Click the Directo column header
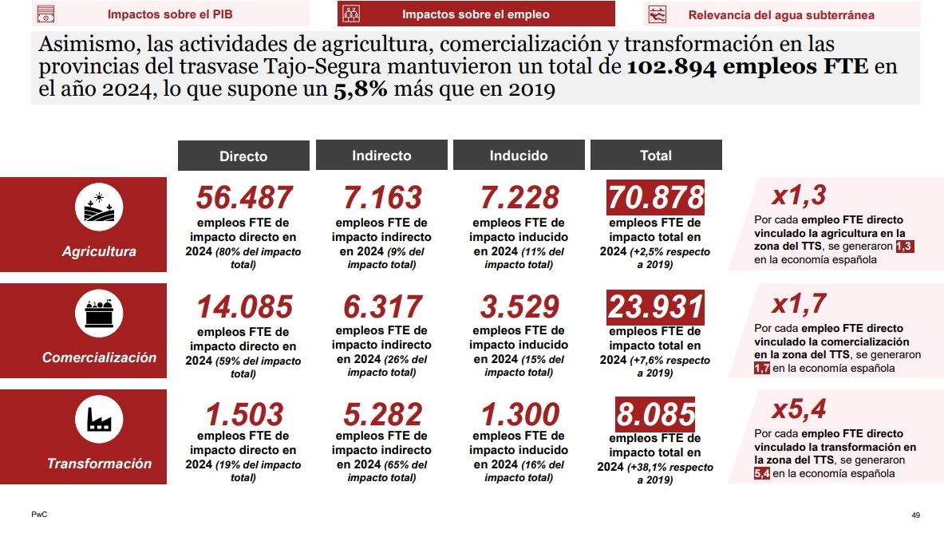(243, 156)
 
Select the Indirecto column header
(381, 156)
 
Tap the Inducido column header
(519, 156)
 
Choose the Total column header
(656, 156)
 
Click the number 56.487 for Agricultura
(244, 198)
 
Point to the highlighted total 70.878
(655, 197)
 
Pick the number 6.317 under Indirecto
(381, 307)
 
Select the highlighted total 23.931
(655, 307)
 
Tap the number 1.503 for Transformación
(244, 414)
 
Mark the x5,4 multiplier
(798, 409)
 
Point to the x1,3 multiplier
(798, 195)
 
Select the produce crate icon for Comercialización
(99, 314)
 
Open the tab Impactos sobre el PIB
(170, 14)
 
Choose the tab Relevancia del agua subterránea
(780, 14)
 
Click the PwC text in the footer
(38, 515)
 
